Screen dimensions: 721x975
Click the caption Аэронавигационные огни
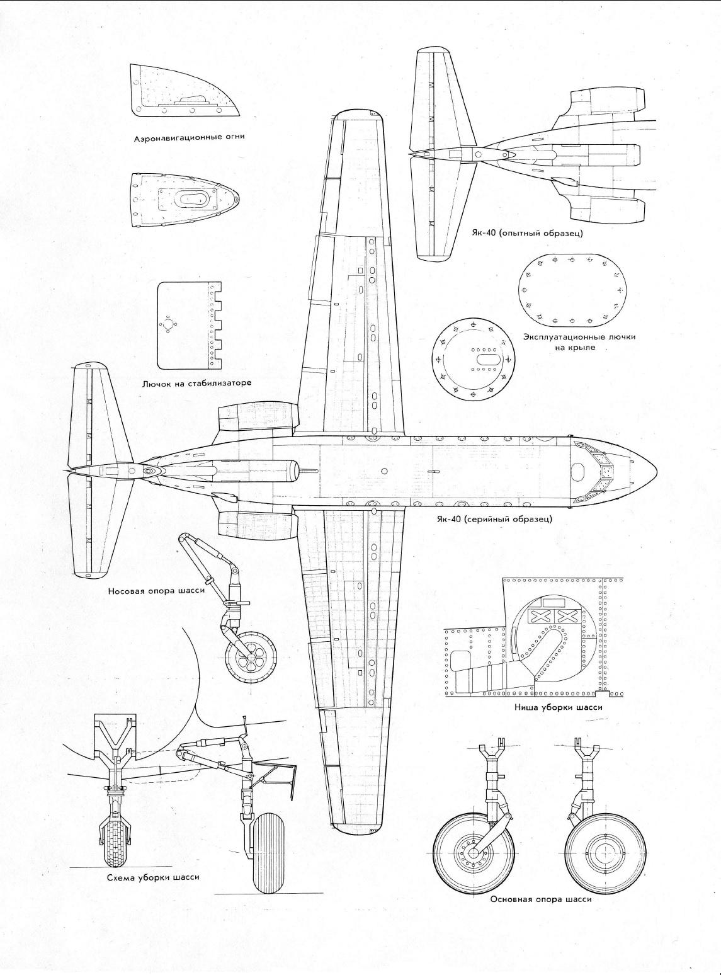click(x=190, y=137)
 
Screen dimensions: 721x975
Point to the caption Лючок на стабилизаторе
click(x=196, y=383)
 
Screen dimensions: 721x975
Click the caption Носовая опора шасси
click(x=157, y=590)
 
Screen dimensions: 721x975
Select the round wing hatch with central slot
click(x=473, y=359)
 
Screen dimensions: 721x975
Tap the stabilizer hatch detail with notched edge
click(x=190, y=326)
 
